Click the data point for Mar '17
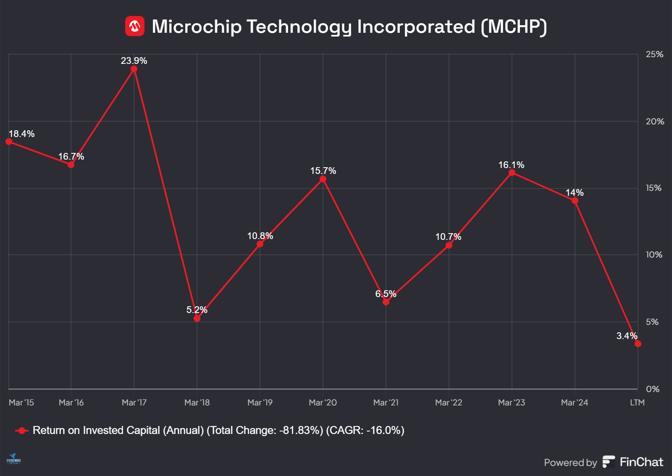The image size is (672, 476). (x=134, y=69)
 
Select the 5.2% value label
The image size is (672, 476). (x=197, y=310)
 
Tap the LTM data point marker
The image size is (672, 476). (x=638, y=344)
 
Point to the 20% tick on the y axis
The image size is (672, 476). (x=654, y=121)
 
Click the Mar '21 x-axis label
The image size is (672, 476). (x=386, y=402)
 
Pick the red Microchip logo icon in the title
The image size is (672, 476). (x=135, y=26)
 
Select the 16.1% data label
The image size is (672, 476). (x=511, y=165)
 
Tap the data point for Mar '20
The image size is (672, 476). (x=323, y=179)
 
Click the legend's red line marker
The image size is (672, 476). (x=21, y=431)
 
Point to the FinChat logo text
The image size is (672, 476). (x=641, y=462)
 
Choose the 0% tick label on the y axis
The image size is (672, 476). (x=652, y=389)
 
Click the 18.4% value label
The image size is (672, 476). (x=21, y=134)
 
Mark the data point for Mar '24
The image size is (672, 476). (x=575, y=201)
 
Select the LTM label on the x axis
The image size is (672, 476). (x=637, y=402)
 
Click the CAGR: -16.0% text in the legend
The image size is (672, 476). (x=365, y=431)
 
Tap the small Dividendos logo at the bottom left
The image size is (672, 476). (x=13, y=459)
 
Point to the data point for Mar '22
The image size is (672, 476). (x=449, y=245)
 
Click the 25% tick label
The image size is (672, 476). (x=654, y=54)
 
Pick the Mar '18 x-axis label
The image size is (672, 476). (x=197, y=402)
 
